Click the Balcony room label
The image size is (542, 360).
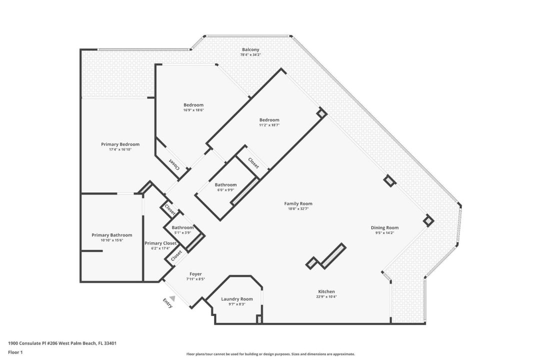(x=250, y=49)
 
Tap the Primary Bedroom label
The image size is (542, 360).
(x=120, y=144)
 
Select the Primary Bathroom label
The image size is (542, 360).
(x=111, y=235)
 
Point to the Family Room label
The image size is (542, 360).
(x=298, y=203)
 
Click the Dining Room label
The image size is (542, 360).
(x=384, y=227)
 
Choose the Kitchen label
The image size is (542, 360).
(x=326, y=291)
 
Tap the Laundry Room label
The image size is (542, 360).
(x=237, y=299)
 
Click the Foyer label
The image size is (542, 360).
(x=195, y=274)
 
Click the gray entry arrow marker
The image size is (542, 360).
(x=172, y=298)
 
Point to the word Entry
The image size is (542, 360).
(x=168, y=303)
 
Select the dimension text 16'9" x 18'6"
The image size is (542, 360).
(x=193, y=110)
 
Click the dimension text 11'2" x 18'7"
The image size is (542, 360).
(x=269, y=125)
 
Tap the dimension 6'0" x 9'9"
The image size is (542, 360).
(x=225, y=190)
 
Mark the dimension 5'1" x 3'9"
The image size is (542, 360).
(x=182, y=232)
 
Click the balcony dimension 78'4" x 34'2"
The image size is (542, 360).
(x=250, y=54)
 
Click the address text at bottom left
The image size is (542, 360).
(x=62, y=343)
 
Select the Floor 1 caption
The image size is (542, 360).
(x=15, y=352)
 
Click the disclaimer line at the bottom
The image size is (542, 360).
(x=270, y=354)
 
